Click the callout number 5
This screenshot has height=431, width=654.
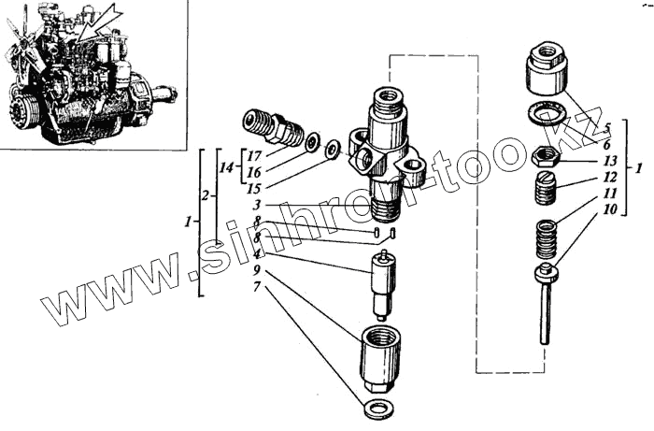(x=607, y=128)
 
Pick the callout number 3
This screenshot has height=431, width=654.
(x=256, y=205)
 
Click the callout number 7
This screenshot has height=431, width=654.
(x=256, y=287)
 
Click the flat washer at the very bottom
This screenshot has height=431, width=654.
(x=379, y=408)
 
